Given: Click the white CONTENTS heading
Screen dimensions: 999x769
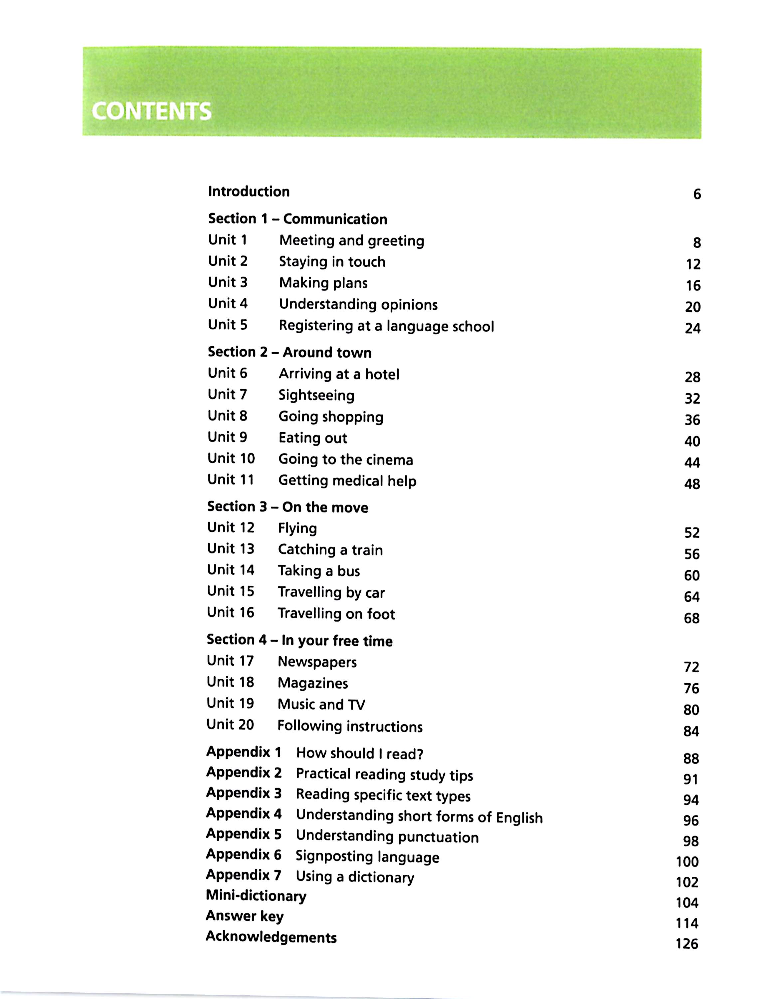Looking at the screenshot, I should [x=151, y=111].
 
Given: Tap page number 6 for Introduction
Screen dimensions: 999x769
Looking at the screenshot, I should [x=697, y=194].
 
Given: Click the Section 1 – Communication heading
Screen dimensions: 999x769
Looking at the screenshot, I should [x=297, y=219].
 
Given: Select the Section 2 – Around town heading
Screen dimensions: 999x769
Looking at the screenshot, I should [x=289, y=352].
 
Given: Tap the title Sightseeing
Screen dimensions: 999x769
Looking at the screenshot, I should [x=316, y=395].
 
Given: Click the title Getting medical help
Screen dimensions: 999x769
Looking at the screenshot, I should [x=347, y=481].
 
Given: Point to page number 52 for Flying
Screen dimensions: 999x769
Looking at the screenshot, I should [x=692, y=532].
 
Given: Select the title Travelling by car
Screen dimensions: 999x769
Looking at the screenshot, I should [x=331, y=592].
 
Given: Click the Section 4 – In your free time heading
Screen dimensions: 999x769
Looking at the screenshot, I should [x=299, y=640].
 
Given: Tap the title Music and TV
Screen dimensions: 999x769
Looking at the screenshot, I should [x=321, y=704].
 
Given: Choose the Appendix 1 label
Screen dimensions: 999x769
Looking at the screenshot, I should [x=244, y=752].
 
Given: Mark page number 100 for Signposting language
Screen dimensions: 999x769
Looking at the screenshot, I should [x=687, y=862].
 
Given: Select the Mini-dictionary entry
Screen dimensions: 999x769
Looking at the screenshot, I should [x=256, y=896].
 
